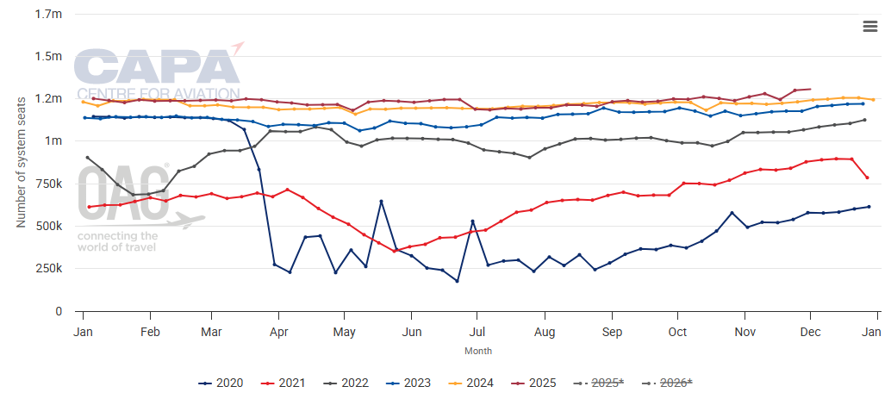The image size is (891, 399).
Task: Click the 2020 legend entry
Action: (221, 383)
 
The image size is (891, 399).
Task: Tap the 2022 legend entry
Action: (351, 383)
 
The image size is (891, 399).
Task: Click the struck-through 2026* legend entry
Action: (675, 383)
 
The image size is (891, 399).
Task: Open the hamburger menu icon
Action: (870, 26)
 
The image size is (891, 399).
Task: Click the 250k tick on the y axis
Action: (50, 268)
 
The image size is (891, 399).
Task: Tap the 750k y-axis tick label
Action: (50, 184)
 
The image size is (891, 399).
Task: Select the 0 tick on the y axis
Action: (59, 310)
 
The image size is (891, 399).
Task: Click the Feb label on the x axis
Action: (150, 332)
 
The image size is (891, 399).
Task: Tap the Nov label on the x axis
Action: (744, 332)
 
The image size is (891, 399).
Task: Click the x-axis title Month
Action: (478, 351)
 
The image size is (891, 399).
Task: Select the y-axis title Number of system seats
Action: (21, 162)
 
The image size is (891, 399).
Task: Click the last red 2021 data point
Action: (867, 178)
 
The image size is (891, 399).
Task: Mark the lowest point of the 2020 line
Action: (457, 281)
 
